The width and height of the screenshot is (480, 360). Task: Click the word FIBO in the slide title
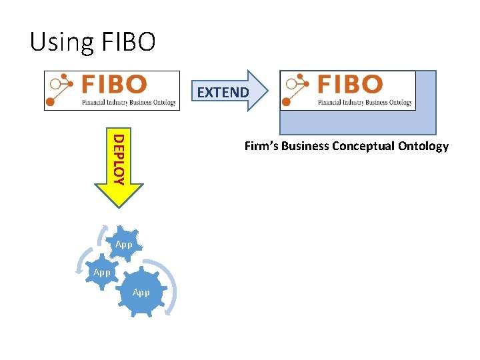click(x=129, y=42)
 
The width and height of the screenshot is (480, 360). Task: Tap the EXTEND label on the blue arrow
click(x=223, y=93)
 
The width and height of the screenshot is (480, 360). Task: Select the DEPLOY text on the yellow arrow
click(x=118, y=159)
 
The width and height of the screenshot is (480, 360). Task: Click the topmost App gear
click(x=124, y=245)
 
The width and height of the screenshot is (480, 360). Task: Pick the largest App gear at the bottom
click(x=141, y=292)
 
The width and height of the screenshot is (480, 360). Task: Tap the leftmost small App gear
click(x=102, y=272)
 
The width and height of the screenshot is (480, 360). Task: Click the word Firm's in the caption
click(x=261, y=146)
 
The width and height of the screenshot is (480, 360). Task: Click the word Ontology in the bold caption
click(x=425, y=146)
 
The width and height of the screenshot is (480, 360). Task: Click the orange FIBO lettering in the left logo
click(x=114, y=85)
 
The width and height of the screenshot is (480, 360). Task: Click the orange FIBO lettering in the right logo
click(x=350, y=84)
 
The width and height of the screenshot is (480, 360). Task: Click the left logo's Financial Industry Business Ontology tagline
click(x=129, y=103)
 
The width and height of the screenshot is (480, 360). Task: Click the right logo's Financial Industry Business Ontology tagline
click(x=365, y=103)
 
